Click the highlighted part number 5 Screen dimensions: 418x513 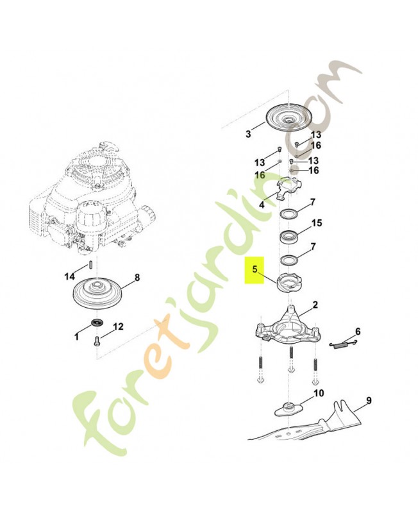tap(255, 269)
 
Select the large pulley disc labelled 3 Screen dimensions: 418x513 tap(290, 118)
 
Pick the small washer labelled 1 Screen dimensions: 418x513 tap(97, 323)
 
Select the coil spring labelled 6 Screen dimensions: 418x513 tap(342, 344)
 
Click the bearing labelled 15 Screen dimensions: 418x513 tap(288, 236)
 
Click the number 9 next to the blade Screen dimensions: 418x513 tap(369, 400)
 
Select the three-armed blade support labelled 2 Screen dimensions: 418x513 tap(288, 327)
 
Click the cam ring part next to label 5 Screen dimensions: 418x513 tap(288, 283)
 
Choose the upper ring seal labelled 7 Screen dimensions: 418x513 tap(288, 215)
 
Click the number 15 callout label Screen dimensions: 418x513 tap(317, 223)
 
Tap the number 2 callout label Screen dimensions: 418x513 tap(315, 305)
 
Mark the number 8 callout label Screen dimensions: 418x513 tap(137, 278)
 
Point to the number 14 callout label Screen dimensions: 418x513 tap(70, 277)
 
